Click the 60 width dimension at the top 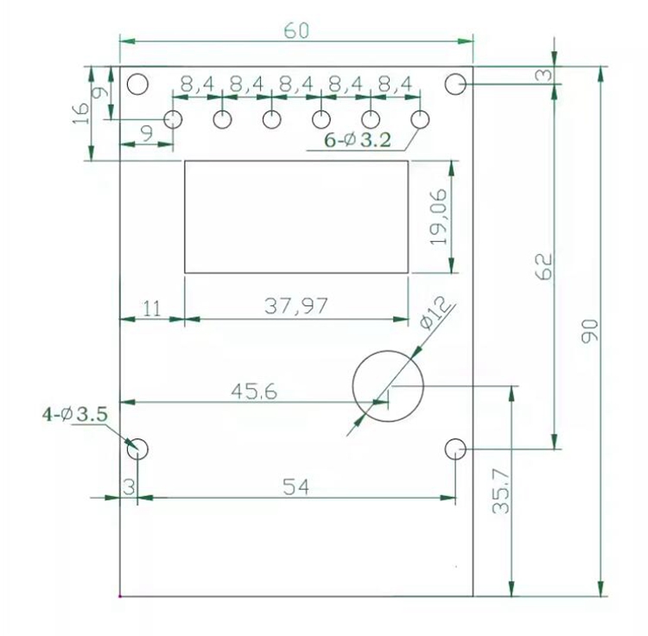296,31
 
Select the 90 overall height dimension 589,331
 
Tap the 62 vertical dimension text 543,266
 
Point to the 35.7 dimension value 501,492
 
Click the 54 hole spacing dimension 295,487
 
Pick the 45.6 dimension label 254,391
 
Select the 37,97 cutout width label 295,306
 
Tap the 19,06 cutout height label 438,217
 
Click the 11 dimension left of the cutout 152,308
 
